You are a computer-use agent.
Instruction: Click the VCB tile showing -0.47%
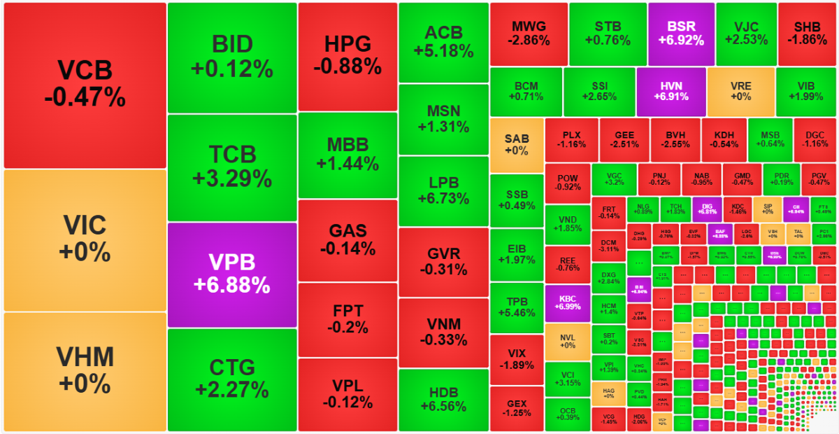[x=85, y=85]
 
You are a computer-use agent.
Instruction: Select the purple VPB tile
[x=232, y=274]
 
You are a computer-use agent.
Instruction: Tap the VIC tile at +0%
[x=85, y=239]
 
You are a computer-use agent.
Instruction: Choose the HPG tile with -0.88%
[x=347, y=56]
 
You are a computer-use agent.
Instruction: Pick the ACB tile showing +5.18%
[x=443, y=42]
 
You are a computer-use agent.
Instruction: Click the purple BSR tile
[x=681, y=34]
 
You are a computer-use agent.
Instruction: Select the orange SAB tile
[x=516, y=145]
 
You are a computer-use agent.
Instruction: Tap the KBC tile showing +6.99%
[x=568, y=302]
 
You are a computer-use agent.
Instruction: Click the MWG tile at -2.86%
[x=529, y=34]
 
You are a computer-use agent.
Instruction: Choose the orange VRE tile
[x=740, y=91]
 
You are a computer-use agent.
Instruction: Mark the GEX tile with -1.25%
[x=516, y=408]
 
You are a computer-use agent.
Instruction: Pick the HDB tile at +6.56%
[x=443, y=400]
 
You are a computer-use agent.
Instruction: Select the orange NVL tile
[x=568, y=341]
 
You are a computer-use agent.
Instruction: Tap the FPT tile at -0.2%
[x=347, y=319]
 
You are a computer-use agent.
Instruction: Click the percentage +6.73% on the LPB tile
[x=443, y=199]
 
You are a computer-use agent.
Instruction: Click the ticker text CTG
[x=232, y=367]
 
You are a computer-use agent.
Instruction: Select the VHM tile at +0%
[x=85, y=371]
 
